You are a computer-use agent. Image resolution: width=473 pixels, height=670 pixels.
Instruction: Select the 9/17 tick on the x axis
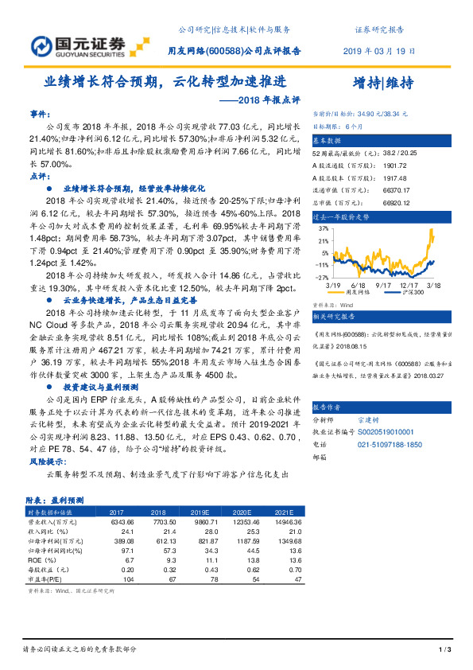click(383, 284)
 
